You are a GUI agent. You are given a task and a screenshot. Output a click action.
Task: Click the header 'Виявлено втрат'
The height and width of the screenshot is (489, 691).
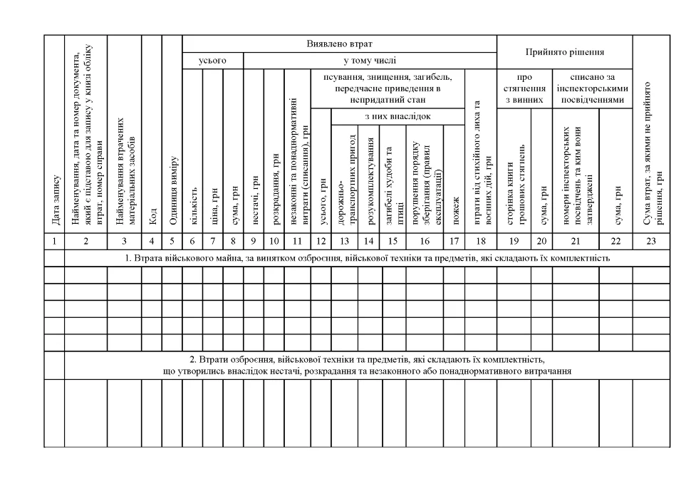pos(339,43)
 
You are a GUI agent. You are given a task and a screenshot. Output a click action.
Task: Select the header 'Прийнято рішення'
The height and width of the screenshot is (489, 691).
pos(565,52)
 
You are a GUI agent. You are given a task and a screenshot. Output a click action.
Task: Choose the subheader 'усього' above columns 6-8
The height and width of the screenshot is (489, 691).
pos(212,61)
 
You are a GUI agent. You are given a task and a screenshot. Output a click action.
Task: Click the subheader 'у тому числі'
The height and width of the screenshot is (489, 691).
pos(370,61)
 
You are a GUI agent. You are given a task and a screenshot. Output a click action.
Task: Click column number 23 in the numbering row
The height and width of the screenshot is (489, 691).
pos(651,241)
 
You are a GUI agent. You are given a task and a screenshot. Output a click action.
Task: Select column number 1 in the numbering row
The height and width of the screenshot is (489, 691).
pos(54,241)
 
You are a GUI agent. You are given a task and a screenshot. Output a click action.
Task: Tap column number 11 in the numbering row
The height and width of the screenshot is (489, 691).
pos(297,241)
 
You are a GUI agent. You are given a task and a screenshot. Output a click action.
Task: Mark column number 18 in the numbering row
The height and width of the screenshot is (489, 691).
pos(480,241)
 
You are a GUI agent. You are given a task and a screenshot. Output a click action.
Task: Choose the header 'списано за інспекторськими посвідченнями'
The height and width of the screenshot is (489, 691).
pos(592,88)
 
